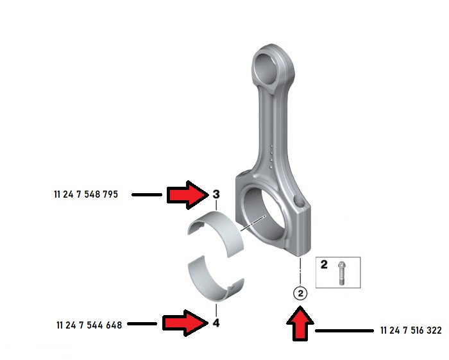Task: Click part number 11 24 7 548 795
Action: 86,194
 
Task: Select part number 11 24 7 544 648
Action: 89,325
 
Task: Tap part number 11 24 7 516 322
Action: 411,331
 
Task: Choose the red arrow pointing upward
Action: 301,323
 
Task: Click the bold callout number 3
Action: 216,194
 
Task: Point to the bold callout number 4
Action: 216,323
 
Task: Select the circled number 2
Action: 301,293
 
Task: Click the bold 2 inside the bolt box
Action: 325,264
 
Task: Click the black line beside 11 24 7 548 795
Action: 146,194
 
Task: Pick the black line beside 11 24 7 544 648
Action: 142,325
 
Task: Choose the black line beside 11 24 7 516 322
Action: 344,331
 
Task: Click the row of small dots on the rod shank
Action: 273,155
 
